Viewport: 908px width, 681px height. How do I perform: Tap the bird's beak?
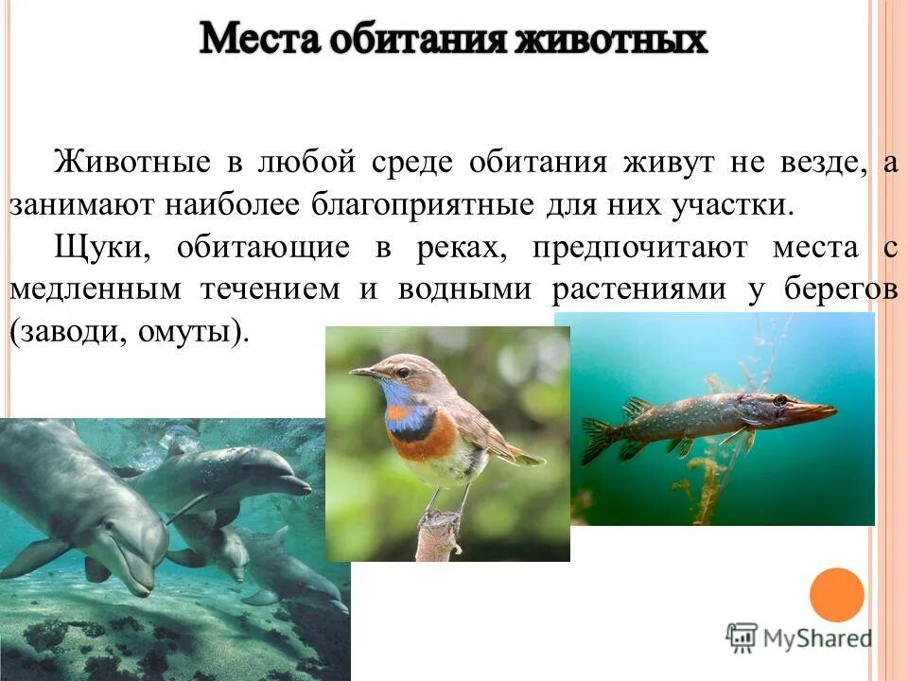364,374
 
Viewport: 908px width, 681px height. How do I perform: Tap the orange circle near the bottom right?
837,595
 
